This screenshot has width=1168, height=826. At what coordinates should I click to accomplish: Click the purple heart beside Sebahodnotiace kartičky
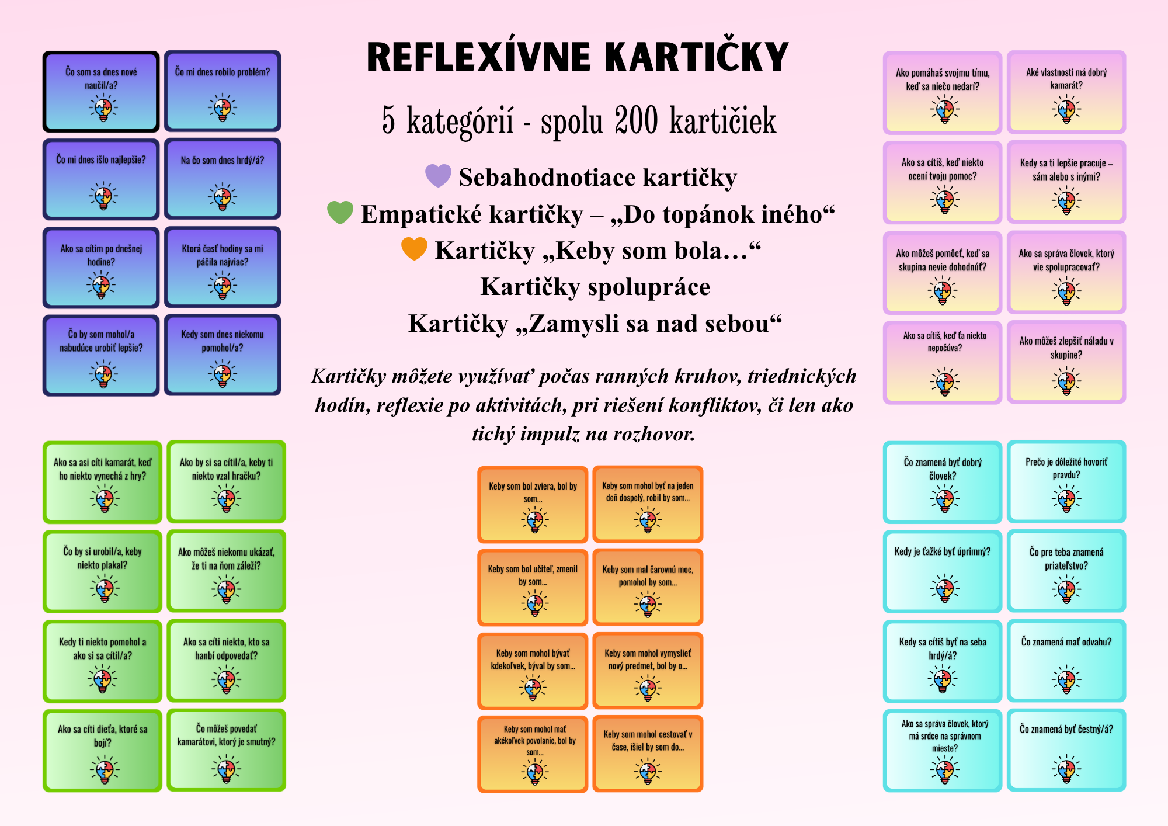coord(438,175)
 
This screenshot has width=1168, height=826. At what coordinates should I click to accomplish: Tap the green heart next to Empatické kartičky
coord(340,212)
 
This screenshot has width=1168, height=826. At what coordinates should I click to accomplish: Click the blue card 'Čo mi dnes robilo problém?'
coord(223,91)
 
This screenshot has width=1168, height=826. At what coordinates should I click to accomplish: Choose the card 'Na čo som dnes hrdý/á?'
coord(223,179)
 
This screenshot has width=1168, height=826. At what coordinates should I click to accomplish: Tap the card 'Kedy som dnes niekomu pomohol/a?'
coord(223,355)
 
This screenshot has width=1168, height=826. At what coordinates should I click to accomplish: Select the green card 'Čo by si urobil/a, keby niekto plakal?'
coord(102,571)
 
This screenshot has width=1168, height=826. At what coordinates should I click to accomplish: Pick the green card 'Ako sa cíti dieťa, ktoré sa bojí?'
coord(102,751)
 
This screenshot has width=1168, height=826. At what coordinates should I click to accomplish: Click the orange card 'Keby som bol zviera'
coord(533,505)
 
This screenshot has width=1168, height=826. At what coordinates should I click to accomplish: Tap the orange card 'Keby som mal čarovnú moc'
coord(648,586)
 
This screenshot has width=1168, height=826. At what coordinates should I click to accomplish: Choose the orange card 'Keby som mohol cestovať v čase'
coord(648,754)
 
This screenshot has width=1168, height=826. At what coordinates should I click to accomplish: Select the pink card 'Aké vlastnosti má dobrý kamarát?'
coord(1066,92)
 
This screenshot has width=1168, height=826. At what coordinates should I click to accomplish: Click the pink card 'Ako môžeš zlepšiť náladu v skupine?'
coord(1066,362)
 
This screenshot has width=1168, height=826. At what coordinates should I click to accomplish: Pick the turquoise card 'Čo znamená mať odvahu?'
coord(1066,661)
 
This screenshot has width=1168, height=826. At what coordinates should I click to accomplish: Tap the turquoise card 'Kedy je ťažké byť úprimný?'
coord(943,571)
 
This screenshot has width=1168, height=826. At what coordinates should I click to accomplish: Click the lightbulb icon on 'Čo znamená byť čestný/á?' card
coord(1066,768)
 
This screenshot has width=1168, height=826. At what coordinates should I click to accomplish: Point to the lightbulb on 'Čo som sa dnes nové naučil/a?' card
coord(103,108)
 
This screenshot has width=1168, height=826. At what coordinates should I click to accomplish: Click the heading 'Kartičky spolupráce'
coord(595,287)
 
